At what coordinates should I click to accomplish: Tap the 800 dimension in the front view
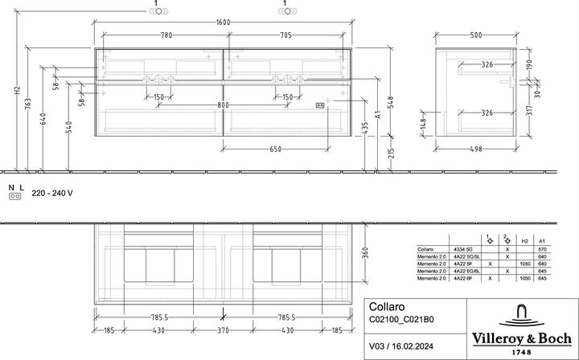[224, 105]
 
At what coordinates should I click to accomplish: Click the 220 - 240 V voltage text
[52, 194]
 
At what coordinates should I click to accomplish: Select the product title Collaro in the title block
[384, 306]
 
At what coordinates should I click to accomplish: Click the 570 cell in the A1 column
[542, 250]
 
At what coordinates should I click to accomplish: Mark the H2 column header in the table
[524, 240]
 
